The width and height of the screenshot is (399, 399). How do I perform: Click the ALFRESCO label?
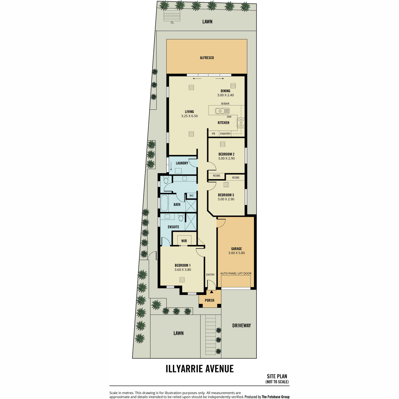[x=206, y=58]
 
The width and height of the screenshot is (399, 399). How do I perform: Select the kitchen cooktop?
[x=241, y=123]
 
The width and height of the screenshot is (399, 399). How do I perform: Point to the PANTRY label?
[x=225, y=134]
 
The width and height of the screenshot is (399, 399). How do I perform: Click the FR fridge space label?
[x=213, y=134]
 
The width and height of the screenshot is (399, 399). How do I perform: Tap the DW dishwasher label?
[x=229, y=117]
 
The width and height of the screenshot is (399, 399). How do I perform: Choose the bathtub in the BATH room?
[x=164, y=203]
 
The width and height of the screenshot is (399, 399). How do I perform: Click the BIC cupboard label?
[x=192, y=196]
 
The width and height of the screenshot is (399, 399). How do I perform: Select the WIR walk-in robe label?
[x=184, y=241]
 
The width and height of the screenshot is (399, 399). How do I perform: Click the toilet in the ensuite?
[x=181, y=217]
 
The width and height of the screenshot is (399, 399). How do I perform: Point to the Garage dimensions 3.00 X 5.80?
[x=236, y=253]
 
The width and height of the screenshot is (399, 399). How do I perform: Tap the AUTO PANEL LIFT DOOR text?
[x=236, y=273]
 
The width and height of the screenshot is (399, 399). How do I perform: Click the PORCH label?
[x=209, y=300]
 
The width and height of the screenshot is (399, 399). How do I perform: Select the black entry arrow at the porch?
[x=211, y=292]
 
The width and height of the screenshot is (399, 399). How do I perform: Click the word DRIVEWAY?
[x=241, y=326]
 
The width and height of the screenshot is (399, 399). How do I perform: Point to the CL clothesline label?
[x=172, y=23]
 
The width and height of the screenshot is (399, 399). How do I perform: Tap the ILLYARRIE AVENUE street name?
[x=199, y=369]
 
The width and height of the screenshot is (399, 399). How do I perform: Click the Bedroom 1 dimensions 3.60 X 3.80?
[x=183, y=270]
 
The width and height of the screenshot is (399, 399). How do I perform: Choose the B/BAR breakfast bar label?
[x=225, y=103]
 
